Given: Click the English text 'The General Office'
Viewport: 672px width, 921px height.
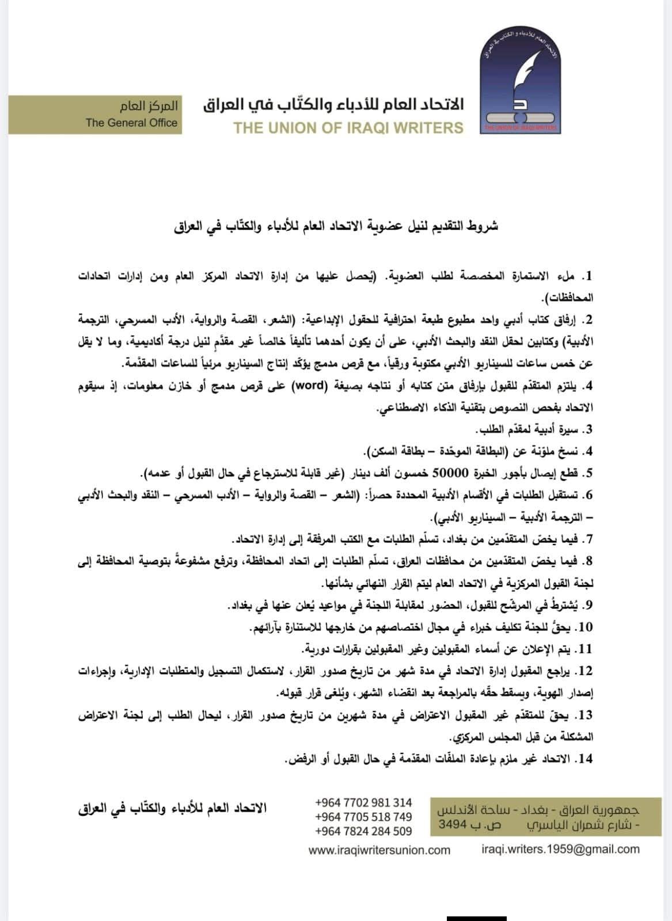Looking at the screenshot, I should tap(131, 123).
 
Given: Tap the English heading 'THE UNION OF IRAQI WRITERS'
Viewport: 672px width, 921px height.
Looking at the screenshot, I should tap(348, 128).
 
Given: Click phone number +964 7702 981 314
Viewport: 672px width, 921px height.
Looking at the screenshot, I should tap(363, 802).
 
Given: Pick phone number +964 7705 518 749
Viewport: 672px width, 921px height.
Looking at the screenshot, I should tap(363, 817).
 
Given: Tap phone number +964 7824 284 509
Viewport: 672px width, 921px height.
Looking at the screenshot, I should tap(363, 831).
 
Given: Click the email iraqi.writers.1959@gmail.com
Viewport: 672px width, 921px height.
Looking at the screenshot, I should tap(560, 849).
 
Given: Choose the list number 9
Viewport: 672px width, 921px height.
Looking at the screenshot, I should tap(588, 605).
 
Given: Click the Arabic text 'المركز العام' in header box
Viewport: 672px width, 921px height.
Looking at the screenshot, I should tap(149, 107).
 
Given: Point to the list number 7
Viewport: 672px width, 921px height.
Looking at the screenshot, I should tap(588, 539).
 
